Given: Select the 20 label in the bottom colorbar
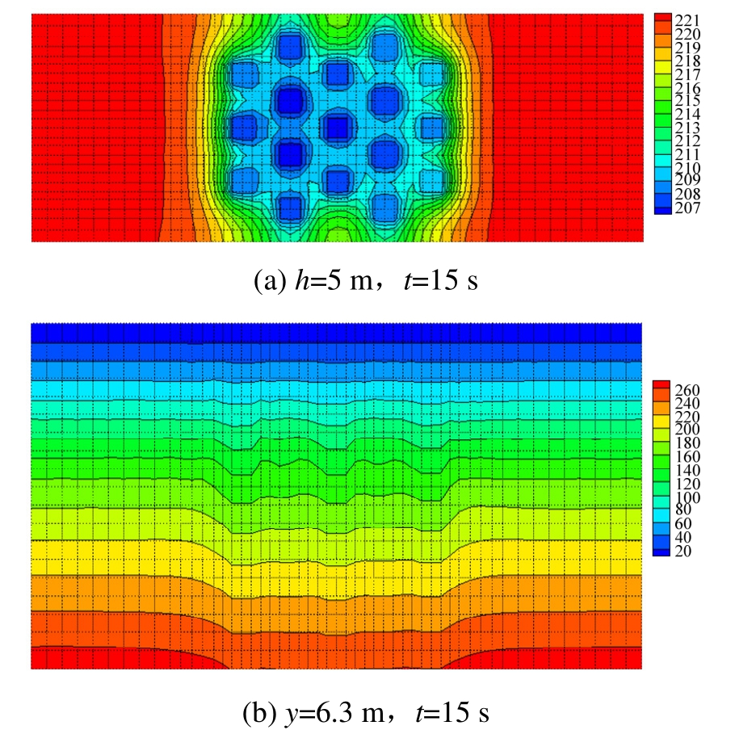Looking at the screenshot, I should point(680,552).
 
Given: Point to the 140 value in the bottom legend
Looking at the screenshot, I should point(683,471).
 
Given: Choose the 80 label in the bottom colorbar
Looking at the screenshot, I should point(680,511).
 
